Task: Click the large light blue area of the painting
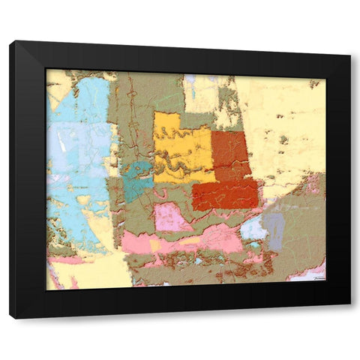[x=79, y=150]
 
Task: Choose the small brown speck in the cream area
[x=283, y=139]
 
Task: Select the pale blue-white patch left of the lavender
[x=253, y=228]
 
